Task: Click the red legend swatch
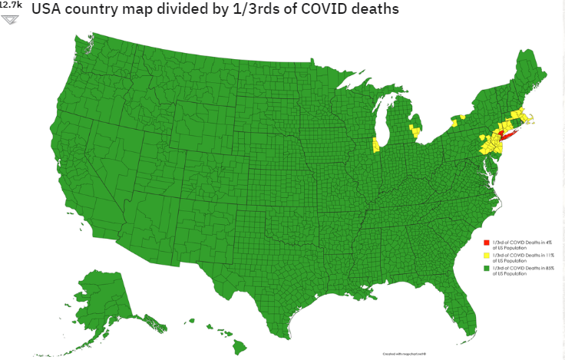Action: point(486,243)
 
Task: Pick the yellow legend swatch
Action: point(486,256)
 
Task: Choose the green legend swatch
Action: point(486,269)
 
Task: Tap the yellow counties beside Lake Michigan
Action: point(375,144)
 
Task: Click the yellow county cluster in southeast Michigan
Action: point(415,131)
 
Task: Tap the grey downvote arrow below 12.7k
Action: point(10,18)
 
